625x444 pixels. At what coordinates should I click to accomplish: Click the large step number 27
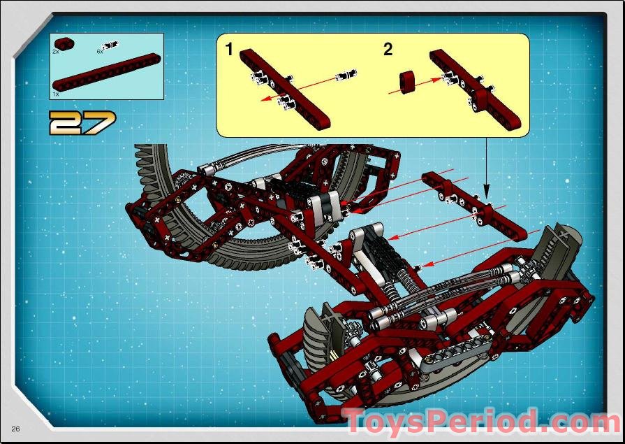(82, 122)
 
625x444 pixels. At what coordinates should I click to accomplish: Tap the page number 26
(15, 429)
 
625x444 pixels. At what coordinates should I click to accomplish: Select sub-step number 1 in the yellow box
(229, 49)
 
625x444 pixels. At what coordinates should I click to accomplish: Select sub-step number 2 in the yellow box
(388, 49)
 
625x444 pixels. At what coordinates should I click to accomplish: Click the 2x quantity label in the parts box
(55, 52)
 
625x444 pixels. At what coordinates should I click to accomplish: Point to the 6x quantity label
(100, 52)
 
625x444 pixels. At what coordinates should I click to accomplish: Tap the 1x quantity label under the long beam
(55, 94)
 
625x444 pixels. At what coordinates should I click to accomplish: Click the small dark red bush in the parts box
(64, 43)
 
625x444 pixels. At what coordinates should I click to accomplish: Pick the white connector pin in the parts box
(110, 45)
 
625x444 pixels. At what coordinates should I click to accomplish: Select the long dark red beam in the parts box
(107, 72)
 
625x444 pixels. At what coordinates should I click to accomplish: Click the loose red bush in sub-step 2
(407, 83)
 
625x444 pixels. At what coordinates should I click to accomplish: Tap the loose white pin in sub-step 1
(345, 75)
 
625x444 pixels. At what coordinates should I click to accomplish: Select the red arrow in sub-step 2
(415, 86)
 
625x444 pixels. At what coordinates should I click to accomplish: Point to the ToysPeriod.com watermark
(483, 421)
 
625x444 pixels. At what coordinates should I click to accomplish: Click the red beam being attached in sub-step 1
(285, 87)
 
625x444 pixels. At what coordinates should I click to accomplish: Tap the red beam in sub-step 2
(475, 88)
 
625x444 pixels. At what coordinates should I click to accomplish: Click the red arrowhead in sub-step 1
(265, 98)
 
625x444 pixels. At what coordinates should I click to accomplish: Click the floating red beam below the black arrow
(474, 206)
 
